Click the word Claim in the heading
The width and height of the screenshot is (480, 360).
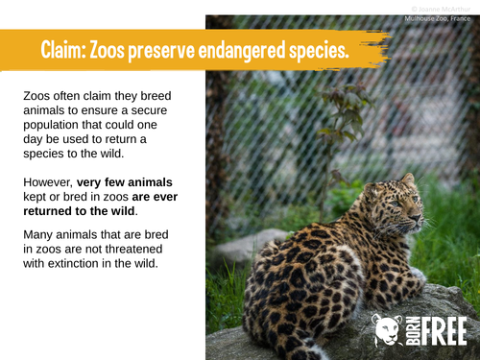(64, 51)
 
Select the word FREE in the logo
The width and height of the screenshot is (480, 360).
(442, 329)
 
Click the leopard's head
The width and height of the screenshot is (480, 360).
(405, 197)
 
